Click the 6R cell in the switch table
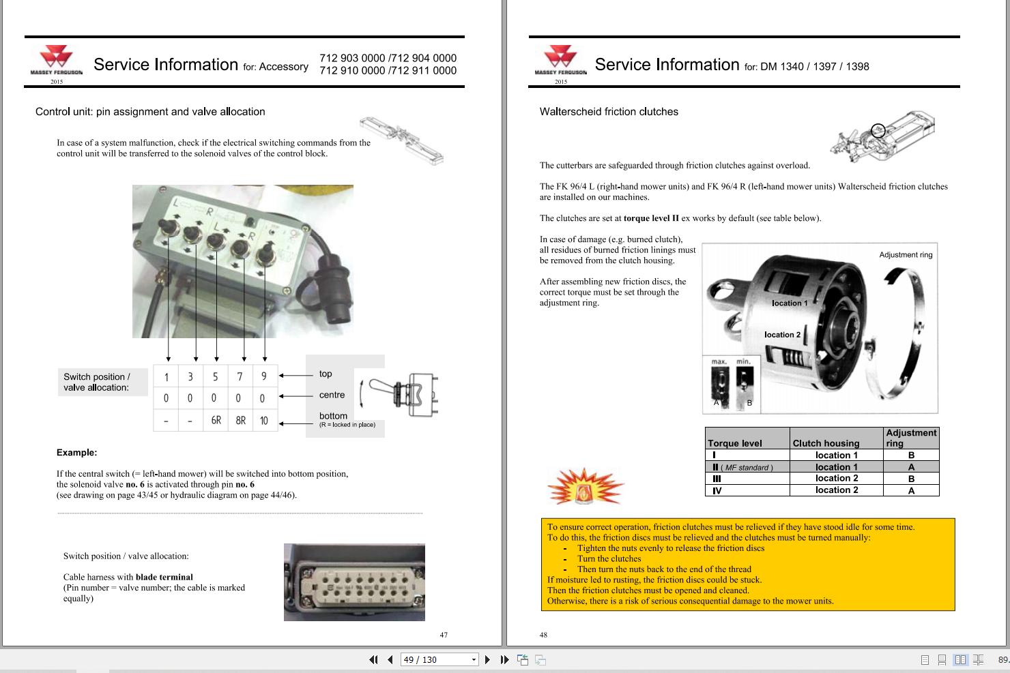(216, 420)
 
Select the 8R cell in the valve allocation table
(240, 420)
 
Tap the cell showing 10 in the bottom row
(264, 420)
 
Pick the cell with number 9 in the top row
(264, 376)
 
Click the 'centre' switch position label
(332, 395)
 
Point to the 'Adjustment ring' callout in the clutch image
(906, 255)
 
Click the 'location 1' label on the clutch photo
(790, 303)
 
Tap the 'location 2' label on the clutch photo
(782, 335)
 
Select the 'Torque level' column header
(734, 443)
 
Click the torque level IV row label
(717, 490)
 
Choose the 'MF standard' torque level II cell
(740, 467)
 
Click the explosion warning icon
(586, 485)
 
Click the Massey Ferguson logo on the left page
(56, 61)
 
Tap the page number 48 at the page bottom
(543, 635)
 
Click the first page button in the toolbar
(373, 659)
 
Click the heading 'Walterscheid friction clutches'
(609, 112)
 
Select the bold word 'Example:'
(76, 453)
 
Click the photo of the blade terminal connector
(354, 582)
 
